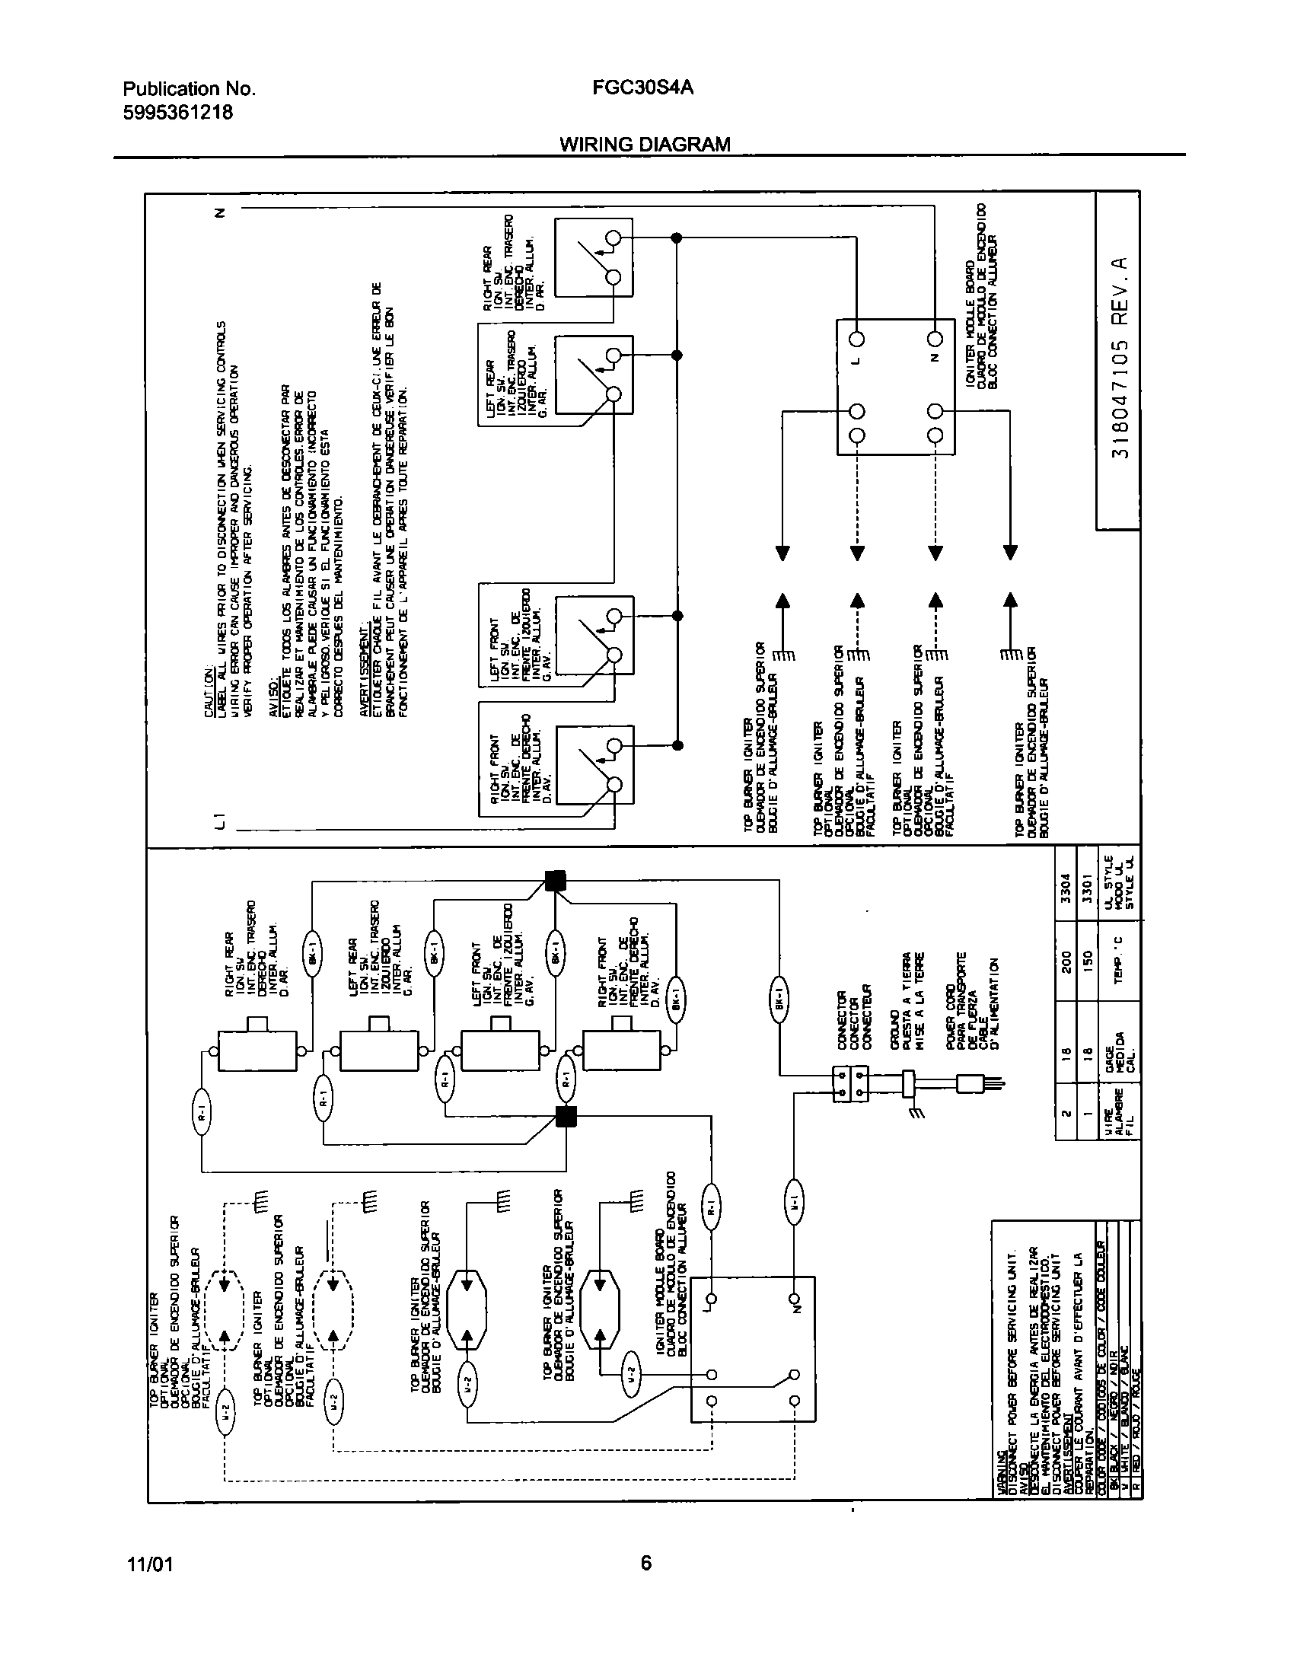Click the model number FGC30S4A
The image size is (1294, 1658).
[642, 88]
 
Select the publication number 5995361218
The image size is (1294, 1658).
[177, 113]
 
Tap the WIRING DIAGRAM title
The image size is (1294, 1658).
[645, 144]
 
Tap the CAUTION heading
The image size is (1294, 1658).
[209, 692]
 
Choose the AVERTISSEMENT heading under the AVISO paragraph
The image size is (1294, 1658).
[365, 678]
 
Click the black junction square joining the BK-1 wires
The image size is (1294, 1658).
[556, 881]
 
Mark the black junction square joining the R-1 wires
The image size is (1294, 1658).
[566, 1116]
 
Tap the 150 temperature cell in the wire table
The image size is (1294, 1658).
[1088, 958]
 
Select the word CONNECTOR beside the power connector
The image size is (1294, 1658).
[843, 1020]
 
